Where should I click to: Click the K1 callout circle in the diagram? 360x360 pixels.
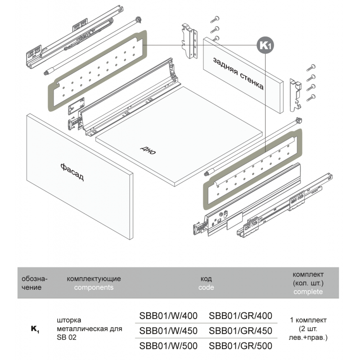tap(265, 45)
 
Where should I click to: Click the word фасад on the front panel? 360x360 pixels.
tap(72, 171)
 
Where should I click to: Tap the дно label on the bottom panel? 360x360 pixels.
tap(148, 150)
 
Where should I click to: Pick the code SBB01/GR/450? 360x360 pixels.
tap(240, 331)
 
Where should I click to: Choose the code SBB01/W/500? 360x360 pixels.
tap(169, 346)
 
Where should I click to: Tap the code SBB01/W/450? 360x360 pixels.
tap(169, 331)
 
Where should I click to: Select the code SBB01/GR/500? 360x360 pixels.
tap(240, 346)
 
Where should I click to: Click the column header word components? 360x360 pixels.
tap(94, 288)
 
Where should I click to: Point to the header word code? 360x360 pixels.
tap(206, 288)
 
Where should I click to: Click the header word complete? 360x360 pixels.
tap(308, 292)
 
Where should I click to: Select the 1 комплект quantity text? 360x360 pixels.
tap(308, 320)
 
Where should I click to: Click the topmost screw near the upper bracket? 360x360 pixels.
tap(216, 19)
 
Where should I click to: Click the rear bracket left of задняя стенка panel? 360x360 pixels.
tap(189, 40)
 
